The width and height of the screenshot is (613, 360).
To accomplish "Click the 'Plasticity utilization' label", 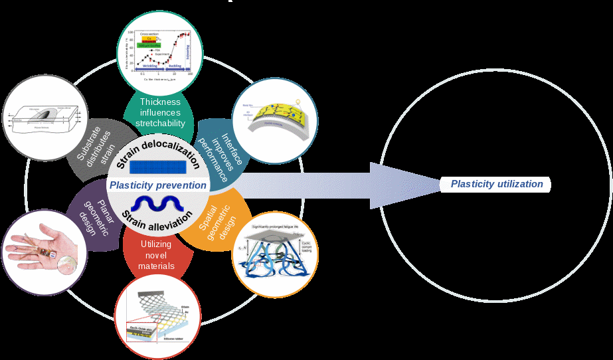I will pos(497,184).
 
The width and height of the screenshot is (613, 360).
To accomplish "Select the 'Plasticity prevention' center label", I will pos(158,185).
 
